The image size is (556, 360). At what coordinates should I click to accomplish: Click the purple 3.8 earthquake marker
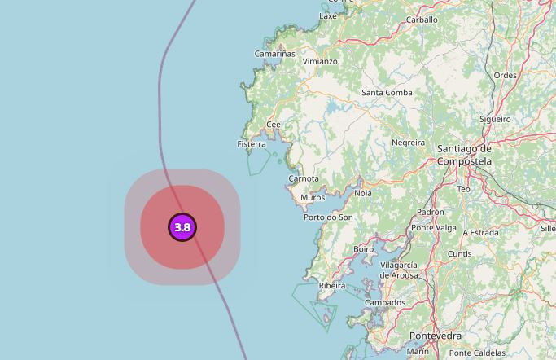[182, 227]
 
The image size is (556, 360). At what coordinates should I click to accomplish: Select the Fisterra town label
[252, 144]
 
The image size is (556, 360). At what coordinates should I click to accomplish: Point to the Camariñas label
[275, 54]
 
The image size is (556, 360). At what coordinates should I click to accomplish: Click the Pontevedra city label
[435, 336]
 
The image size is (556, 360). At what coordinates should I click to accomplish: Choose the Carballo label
[422, 20]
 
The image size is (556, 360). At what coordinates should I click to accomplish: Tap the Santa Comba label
[387, 93]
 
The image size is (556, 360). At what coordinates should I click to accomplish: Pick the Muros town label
[313, 198]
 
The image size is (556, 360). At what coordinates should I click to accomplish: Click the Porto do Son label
[328, 217]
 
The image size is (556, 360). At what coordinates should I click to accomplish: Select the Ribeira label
[332, 286]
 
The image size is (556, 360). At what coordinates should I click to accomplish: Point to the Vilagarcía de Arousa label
[399, 270]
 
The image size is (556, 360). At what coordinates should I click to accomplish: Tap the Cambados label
[385, 303]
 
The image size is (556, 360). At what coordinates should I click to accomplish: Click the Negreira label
[409, 143]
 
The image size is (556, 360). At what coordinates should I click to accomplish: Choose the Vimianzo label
[320, 61]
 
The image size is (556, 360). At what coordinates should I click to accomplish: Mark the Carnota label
[304, 178]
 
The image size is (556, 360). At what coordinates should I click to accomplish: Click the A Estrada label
[480, 232]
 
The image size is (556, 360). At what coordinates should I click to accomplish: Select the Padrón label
[430, 212]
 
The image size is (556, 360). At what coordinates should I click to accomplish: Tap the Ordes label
[506, 76]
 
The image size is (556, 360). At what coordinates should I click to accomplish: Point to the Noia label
[363, 193]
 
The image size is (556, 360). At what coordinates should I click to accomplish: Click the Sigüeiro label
[495, 119]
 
